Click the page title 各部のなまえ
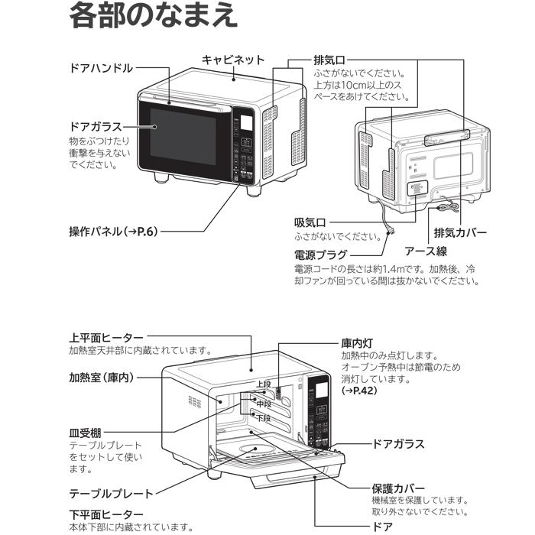coord(153,17)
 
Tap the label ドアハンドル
coord(101,68)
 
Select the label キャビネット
coord(233,60)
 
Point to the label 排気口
coord(329,59)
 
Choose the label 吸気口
coord(311,222)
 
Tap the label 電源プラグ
coord(320,255)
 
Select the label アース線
coord(426,251)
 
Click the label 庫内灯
coord(356,343)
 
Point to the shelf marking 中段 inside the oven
coord(264,402)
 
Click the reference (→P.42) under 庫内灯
coord(359,391)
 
